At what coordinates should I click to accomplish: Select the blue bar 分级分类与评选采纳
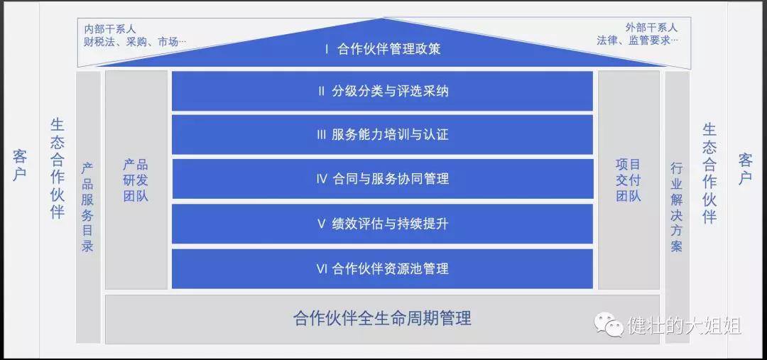pos(382,91)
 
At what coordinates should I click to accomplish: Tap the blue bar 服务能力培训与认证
pos(382,134)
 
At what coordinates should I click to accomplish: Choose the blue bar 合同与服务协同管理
pos(382,178)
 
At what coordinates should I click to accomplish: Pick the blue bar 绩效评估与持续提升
pos(382,224)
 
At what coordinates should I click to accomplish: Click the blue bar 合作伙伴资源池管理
pos(382,268)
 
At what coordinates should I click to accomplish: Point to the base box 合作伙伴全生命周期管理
pos(382,319)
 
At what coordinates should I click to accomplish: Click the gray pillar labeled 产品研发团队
pos(136,180)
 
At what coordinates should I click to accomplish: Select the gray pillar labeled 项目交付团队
pos(629,180)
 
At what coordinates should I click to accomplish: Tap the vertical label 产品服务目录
pos(87,207)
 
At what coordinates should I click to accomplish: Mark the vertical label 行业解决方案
pos(677,207)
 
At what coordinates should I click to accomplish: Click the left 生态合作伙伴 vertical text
pos(58,168)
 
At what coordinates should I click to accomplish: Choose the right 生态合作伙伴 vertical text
pos(709,173)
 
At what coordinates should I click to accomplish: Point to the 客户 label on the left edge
pos(20,165)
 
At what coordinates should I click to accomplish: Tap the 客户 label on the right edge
pos(746,168)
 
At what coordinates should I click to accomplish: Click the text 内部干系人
pos(110,29)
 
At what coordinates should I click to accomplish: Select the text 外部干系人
pos(651,28)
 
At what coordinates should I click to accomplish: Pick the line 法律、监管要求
pos(637,40)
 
